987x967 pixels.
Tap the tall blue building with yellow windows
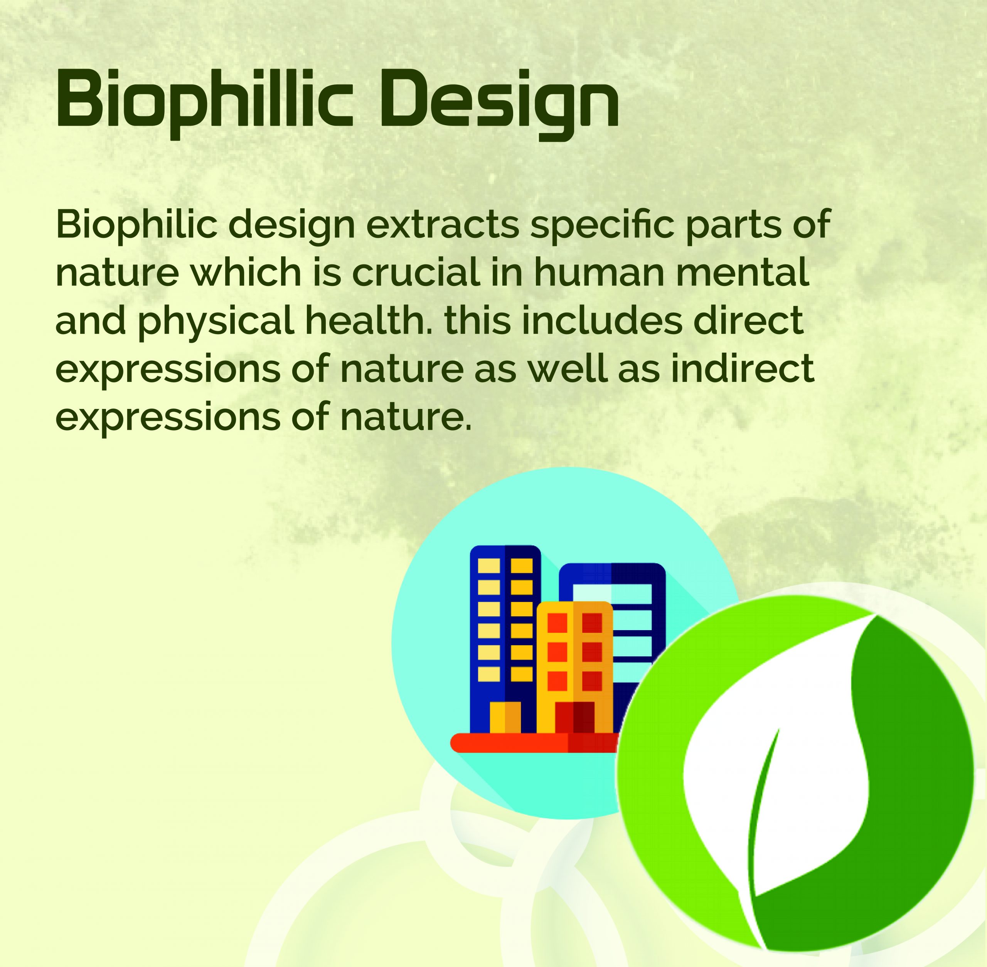[x=504, y=639]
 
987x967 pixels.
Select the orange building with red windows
[x=574, y=668]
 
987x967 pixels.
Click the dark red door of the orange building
[x=574, y=718]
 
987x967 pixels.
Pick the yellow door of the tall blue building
[x=505, y=718]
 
